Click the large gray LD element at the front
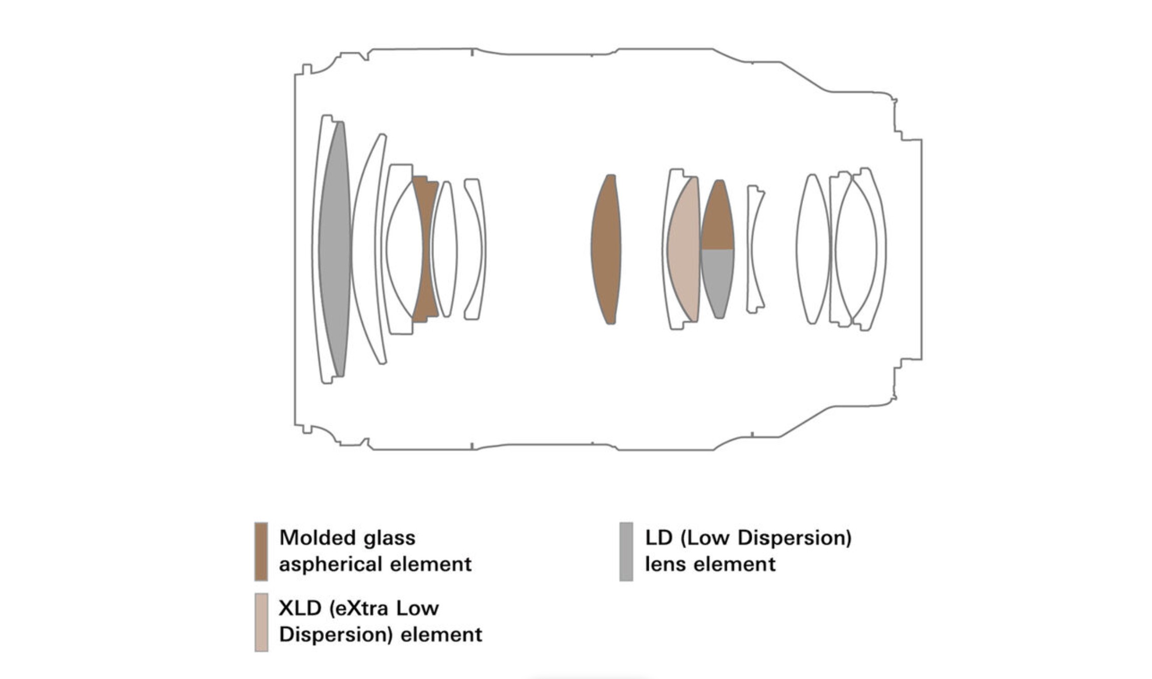[335, 249]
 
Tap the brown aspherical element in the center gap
[606, 249]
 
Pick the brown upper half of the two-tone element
[717, 220]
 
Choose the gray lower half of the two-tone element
[717, 279]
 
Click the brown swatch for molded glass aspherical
[261, 551]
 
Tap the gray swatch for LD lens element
[626, 551]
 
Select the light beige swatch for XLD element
[261, 622]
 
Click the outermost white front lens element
[318, 249]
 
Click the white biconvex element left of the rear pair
[812, 249]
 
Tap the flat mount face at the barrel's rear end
[921, 249]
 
